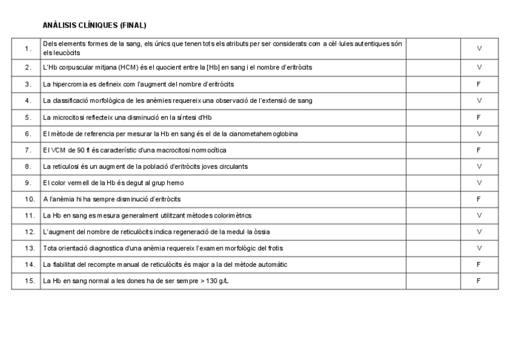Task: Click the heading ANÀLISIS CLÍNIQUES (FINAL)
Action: [x=95, y=25]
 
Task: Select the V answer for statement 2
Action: [x=478, y=67]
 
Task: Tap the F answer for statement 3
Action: [x=478, y=84]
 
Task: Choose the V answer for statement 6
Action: [x=478, y=133]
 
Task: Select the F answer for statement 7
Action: [x=478, y=150]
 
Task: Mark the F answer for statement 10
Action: [x=478, y=199]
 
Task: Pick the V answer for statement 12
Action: [x=478, y=231]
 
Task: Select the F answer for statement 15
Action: [x=478, y=281]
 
